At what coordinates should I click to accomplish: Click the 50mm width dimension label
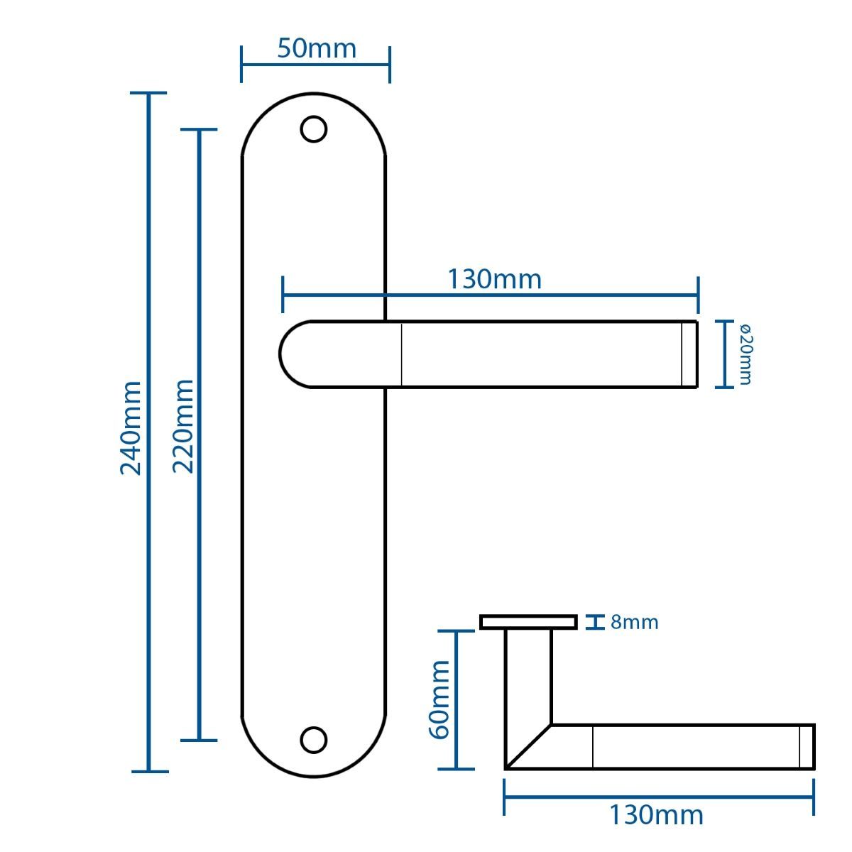(x=317, y=48)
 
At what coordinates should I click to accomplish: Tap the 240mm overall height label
(x=131, y=428)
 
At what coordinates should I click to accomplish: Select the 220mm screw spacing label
(x=182, y=427)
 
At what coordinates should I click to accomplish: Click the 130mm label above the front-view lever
(x=494, y=280)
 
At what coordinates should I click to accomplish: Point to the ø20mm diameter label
(x=745, y=354)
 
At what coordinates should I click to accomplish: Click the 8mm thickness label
(x=635, y=623)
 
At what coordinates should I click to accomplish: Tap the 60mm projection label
(x=439, y=700)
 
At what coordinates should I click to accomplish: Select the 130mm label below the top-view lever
(x=656, y=815)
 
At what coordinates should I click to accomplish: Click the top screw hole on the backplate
(x=314, y=129)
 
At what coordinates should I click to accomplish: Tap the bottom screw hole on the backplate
(x=314, y=740)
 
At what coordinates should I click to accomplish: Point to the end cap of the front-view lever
(x=689, y=354)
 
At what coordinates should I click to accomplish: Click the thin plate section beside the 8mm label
(x=528, y=622)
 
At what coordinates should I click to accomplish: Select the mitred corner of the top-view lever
(x=528, y=747)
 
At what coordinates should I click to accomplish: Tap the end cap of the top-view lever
(x=807, y=747)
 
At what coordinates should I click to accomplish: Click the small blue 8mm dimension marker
(x=595, y=622)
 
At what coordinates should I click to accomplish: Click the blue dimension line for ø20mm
(x=725, y=354)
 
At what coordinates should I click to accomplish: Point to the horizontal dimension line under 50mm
(x=315, y=65)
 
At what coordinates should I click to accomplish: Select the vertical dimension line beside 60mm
(x=457, y=700)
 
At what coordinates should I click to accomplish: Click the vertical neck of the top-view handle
(x=528, y=677)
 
